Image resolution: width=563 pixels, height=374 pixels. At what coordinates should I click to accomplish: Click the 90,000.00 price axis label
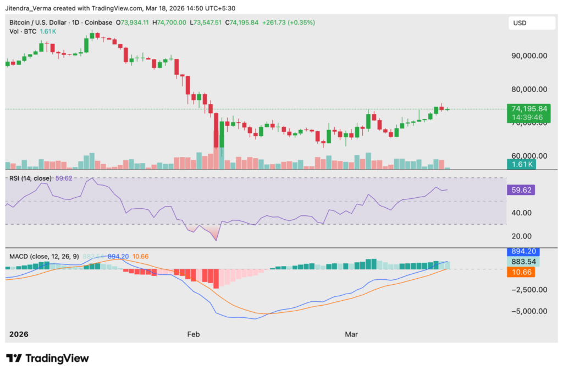click(x=528, y=56)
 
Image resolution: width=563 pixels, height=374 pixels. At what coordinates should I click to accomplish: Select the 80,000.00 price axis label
click(x=528, y=89)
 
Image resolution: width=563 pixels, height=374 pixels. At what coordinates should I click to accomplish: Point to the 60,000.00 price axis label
click(x=528, y=156)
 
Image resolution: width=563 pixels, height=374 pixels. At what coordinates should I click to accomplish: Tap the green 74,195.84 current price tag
click(x=528, y=109)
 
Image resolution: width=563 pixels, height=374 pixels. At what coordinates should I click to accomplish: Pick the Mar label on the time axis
click(x=351, y=334)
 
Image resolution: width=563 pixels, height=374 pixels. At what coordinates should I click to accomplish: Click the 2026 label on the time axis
click(x=18, y=334)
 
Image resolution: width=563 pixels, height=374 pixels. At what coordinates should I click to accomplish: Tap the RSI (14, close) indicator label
click(x=30, y=178)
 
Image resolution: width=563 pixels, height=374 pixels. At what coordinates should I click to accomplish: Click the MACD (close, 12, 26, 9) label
click(x=44, y=256)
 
